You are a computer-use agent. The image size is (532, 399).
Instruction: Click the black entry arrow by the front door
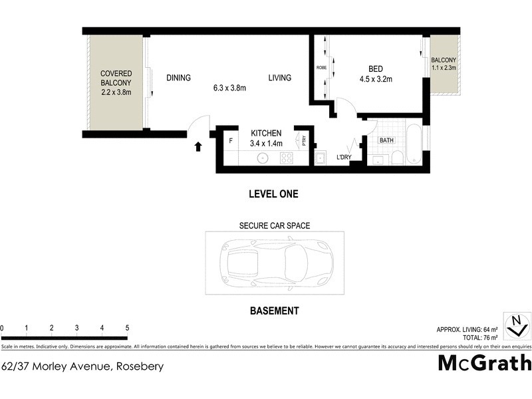[198, 146]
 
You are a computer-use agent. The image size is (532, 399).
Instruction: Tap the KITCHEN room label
[266, 132]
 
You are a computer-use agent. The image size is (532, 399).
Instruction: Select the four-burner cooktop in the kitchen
[287, 158]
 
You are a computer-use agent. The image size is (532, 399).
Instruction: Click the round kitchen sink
[263, 158]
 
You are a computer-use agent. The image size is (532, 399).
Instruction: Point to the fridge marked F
[231, 141]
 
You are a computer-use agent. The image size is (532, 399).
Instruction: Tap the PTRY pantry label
[304, 140]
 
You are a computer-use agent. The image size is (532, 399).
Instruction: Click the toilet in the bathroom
[396, 157]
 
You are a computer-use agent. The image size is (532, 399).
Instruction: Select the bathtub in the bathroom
[413, 142]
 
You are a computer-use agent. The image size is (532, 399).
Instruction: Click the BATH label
[386, 140]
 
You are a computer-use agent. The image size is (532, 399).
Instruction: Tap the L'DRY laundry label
[343, 157]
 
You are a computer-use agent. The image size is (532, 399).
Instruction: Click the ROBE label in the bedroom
[321, 67]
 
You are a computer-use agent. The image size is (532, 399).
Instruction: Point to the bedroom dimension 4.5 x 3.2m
[375, 79]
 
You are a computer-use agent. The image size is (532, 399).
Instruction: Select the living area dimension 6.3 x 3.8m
[229, 88]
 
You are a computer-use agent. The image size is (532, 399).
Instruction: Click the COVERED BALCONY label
[116, 78]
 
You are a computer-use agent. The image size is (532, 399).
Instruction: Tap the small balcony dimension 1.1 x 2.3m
[443, 66]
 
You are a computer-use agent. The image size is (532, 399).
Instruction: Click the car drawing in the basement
[274, 263]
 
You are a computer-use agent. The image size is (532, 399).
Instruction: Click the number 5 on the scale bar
[127, 328]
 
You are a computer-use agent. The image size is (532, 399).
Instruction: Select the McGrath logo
[485, 363]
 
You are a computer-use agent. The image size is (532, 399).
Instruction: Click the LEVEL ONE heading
[273, 194]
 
